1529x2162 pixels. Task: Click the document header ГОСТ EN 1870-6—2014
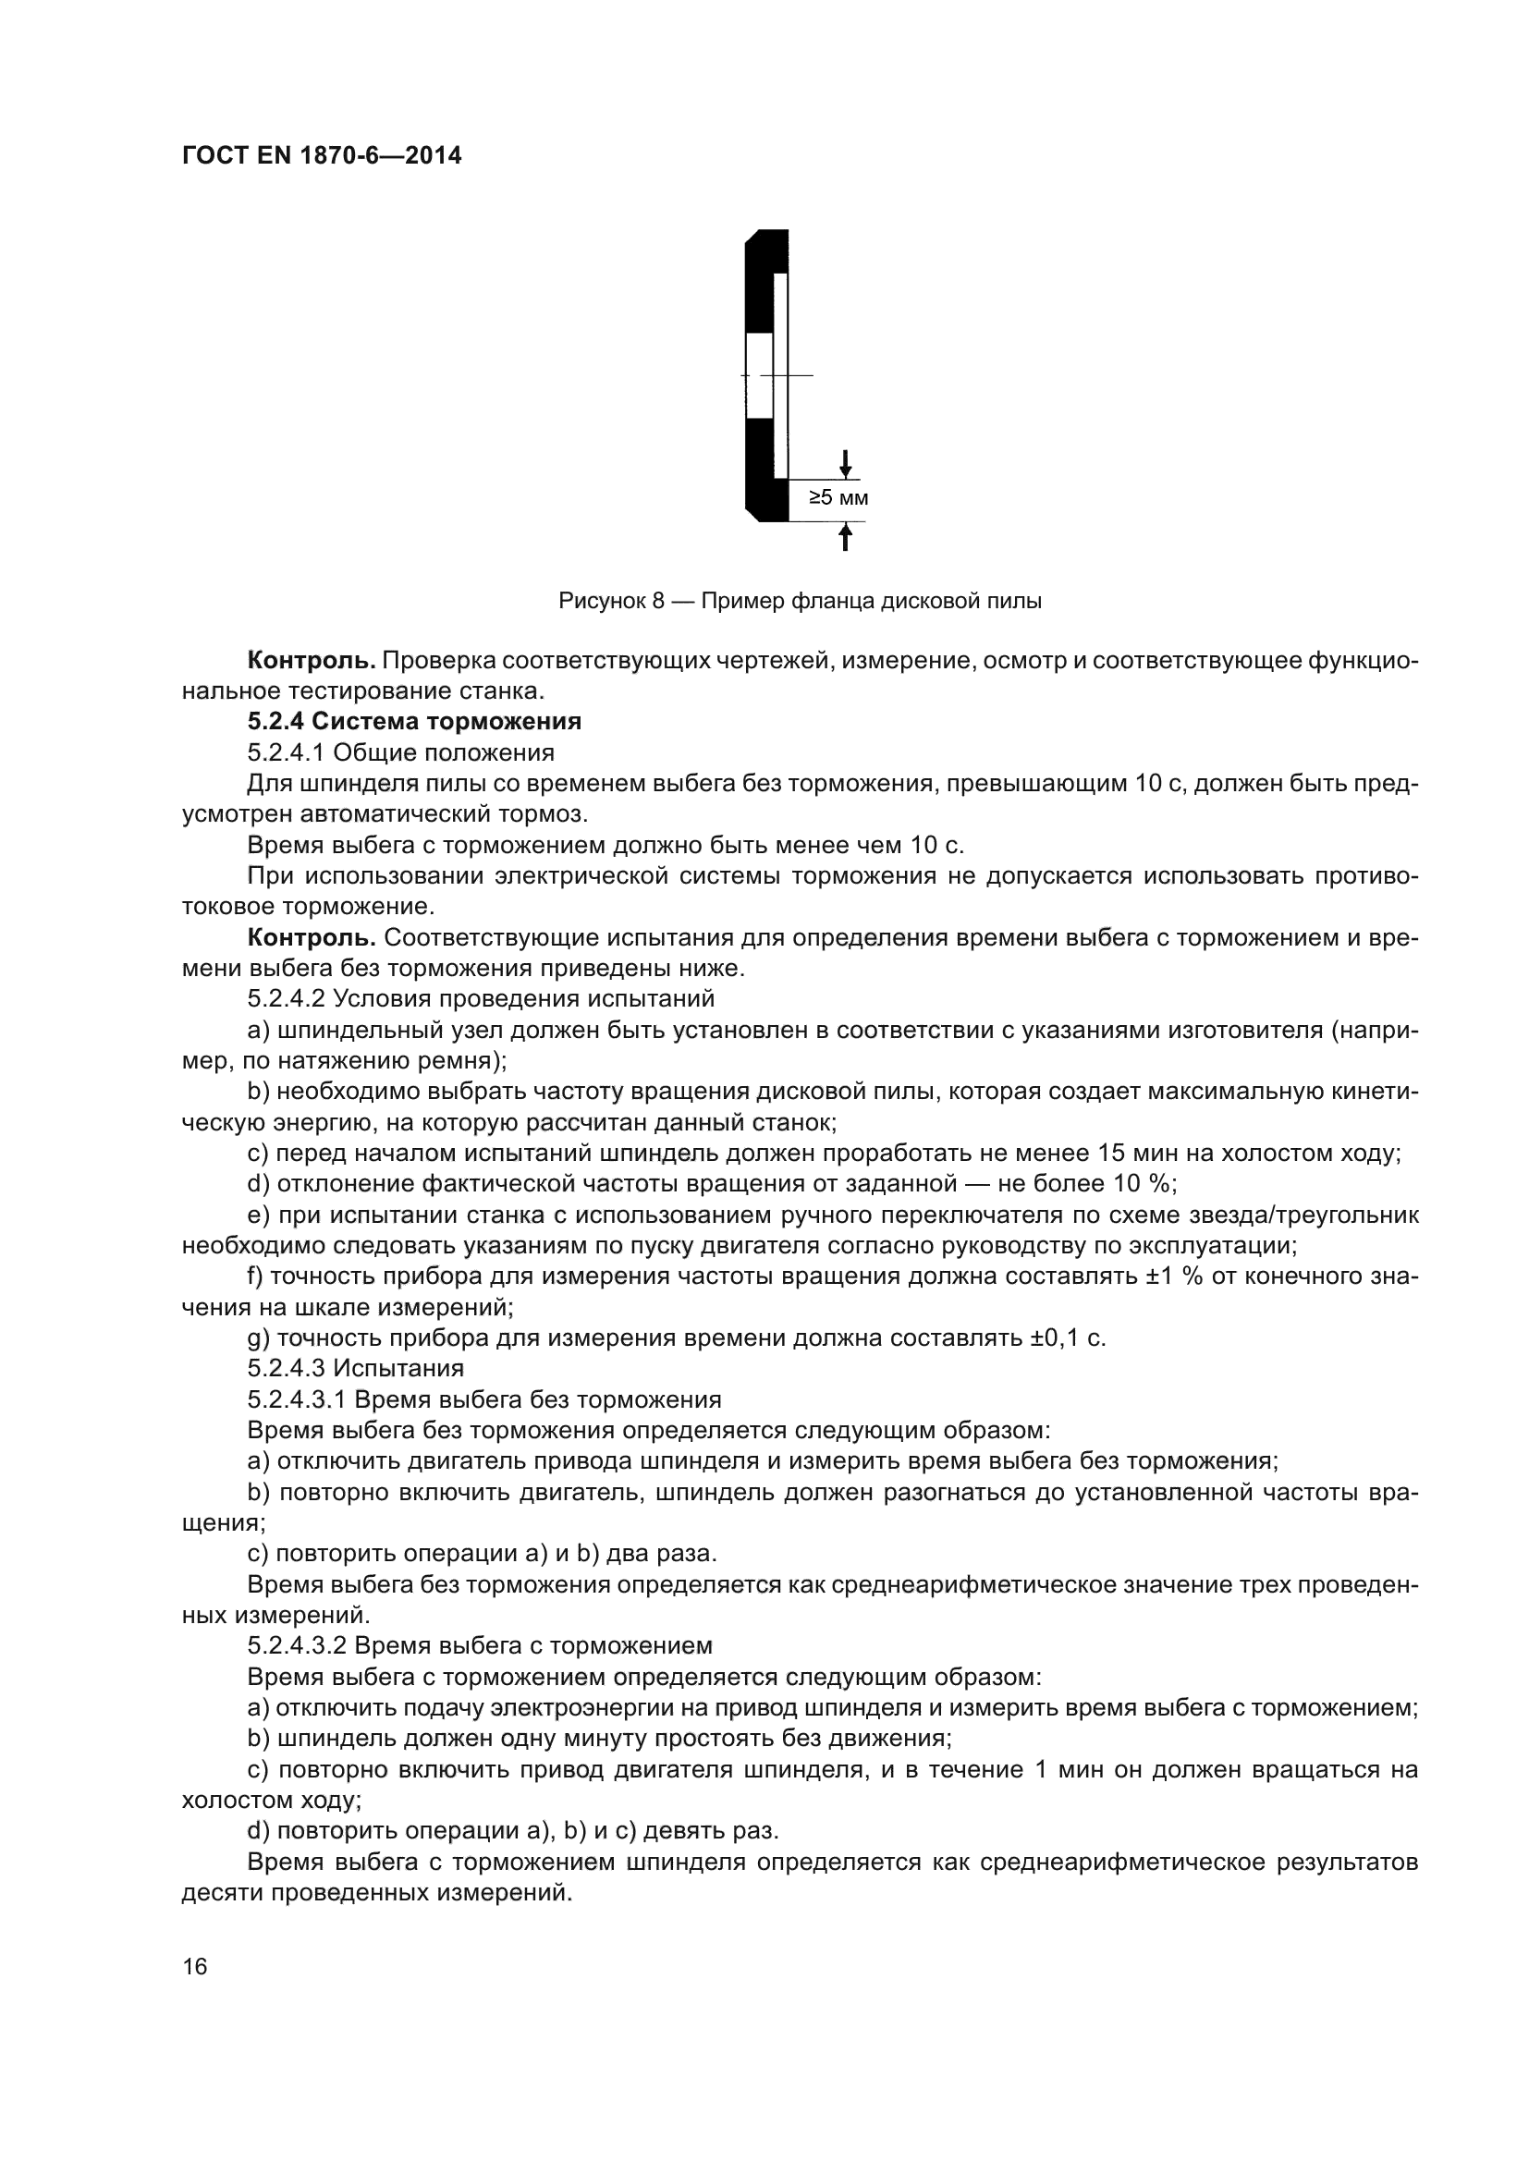pos(321,156)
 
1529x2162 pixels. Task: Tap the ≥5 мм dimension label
pos(838,497)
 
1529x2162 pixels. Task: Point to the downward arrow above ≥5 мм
pos(846,463)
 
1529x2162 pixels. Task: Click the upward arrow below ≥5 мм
pos(846,537)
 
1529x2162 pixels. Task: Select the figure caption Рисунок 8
pos(800,601)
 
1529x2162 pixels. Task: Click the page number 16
pos(195,1966)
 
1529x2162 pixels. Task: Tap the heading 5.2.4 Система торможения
pos(414,721)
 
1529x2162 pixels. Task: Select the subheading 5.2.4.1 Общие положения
pos(400,752)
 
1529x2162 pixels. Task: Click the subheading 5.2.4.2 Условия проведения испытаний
pos(480,998)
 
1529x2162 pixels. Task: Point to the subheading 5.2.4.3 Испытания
pos(355,1367)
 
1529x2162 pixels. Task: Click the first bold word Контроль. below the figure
pos(312,660)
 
